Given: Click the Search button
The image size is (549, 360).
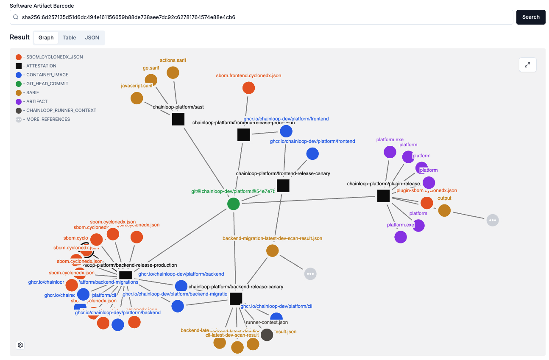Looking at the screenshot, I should [530, 17].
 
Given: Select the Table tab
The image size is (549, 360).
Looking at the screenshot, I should [69, 38].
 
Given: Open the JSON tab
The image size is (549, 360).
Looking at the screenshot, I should [92, 38].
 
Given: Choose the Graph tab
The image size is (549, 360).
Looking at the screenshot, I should [46, 38].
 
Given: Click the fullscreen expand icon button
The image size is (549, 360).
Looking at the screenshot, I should [527, 65].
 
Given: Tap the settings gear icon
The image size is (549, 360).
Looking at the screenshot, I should [20, 345].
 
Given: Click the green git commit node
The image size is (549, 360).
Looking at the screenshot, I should [233, 204].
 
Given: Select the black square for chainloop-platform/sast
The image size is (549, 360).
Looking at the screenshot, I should [178, 119].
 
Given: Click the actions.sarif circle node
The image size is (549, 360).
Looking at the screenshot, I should [173, 73].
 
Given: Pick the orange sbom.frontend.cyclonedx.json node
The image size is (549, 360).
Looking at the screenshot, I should [248, 88].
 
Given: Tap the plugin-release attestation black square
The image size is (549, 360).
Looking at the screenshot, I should [383, 196].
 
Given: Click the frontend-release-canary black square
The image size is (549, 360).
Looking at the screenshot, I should [283, 186].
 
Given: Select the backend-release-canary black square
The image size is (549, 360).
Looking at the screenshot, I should [236, 299].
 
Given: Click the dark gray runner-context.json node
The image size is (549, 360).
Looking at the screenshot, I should [267, 335].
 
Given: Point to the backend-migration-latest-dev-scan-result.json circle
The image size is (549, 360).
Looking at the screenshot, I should [272, 251].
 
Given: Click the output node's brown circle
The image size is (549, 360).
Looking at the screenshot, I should [444, 210].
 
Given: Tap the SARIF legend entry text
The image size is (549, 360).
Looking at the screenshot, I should [33, 92].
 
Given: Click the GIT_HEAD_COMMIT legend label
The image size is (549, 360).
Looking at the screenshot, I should [47, 84].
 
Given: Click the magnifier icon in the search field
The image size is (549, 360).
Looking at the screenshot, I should [16, 17].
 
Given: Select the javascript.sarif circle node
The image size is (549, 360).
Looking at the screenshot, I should [137, 98].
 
